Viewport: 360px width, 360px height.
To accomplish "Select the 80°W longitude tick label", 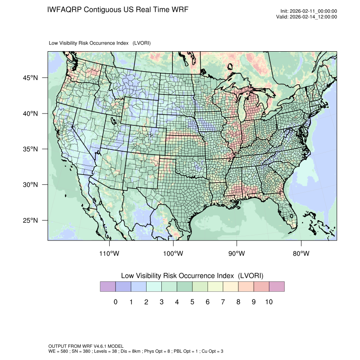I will click(301, 254).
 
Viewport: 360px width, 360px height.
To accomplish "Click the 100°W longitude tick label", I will click(173, 254).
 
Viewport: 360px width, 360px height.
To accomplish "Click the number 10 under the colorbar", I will click(269, 302).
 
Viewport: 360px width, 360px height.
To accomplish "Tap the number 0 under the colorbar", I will click(115, 302).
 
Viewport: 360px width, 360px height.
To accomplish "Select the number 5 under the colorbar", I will click(192, 302).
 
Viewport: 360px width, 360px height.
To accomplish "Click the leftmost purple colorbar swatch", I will click(108, 287).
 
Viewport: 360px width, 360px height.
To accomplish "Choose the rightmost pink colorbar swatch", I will click(277, 287).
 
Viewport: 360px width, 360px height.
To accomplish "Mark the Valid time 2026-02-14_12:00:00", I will click(313, 17).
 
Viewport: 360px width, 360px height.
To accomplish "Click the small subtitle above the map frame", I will click(100, 43).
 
